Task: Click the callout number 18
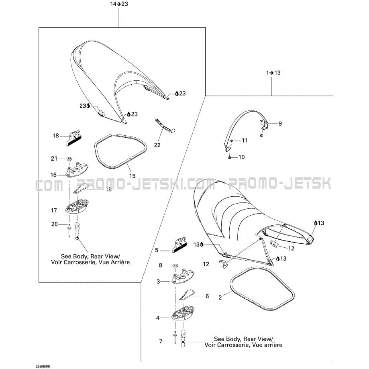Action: tap(56, 136)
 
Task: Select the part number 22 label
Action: tap(157, 145)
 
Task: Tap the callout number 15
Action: tap(133, 176)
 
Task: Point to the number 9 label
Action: tap(280, 124)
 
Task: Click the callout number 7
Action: tap(161, 341)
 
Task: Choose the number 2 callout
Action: tap(220, 298)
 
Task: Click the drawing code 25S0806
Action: tap(43, 367)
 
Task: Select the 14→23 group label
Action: tap(119, 4)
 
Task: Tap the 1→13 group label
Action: tap(273, 73)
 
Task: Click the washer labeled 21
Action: tap(69, 159)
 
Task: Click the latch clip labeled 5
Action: tap(180, 245)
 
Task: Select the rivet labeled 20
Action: tap(69, 230)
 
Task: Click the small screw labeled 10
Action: tap(229, 158)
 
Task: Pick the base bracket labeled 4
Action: tap(183, 313)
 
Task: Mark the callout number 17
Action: tap(54, 210)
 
